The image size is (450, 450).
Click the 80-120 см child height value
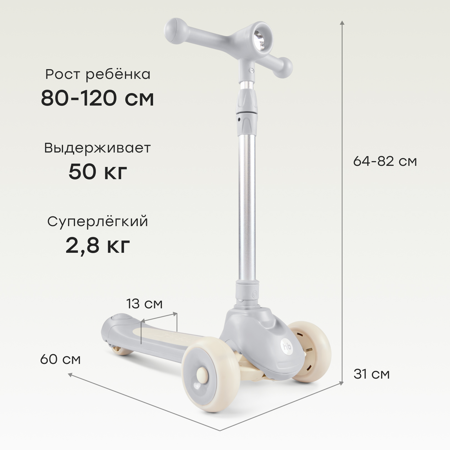(x=97, y=99)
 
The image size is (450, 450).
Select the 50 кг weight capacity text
(x=98, y=172)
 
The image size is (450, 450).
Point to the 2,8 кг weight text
(x=98, y=246)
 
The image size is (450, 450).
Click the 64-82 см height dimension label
(x=385, y=161)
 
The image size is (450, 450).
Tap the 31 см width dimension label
(x=372, y=374)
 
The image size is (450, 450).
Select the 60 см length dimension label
(x=61, y=359)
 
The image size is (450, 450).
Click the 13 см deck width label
(x=144, y=304)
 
